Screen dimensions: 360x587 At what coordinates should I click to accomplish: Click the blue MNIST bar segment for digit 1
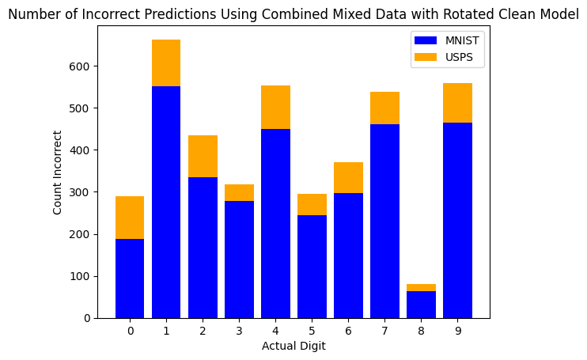(x=166, y=202)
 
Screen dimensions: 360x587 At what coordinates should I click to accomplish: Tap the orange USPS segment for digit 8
(x=421, y=287)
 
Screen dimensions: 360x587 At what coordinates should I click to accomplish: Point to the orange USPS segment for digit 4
(x=275, y=107)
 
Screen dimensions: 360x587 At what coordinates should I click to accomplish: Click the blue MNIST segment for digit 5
(x=312, y=256)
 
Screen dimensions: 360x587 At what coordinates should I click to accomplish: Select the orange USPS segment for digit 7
(x=384, y=108)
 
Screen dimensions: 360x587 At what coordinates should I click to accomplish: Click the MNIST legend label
(x=461, y=40)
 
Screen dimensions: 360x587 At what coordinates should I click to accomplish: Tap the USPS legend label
(x=458, y=57)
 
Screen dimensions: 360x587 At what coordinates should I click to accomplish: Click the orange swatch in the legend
(x=425, y=57)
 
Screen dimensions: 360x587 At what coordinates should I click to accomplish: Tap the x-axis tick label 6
(x=348, y=331)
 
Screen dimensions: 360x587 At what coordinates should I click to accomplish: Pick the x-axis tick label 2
(x=203, y=331)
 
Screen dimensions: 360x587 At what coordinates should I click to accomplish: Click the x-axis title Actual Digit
(x=293, y=346)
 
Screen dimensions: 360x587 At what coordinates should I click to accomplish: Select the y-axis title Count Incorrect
(x=58, y=172)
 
